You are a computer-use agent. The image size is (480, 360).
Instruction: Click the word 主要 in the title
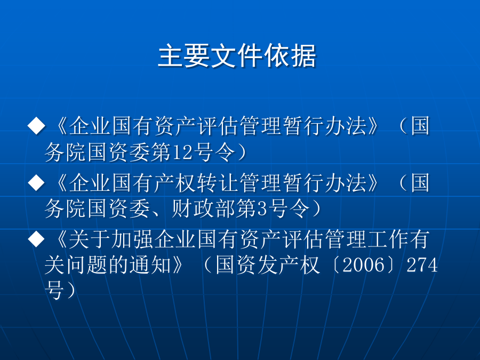pos(185,55)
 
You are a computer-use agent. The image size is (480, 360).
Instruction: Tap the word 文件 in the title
pos(237,55)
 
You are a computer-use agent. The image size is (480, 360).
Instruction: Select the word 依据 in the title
pos(290,55)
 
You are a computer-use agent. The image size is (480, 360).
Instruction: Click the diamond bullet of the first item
pos(36,125)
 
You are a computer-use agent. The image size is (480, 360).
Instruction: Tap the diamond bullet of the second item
pos(36,182)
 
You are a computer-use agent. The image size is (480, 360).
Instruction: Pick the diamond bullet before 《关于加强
pos(36,239)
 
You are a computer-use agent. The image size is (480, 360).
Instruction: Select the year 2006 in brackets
pos(363,265)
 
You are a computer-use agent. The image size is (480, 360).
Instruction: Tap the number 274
pos(422,265)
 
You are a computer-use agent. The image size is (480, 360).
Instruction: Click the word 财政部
pos(204,209)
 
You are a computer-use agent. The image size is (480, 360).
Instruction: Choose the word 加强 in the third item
pos(133,239)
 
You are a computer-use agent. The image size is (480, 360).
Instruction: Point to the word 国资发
pos(247,265)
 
